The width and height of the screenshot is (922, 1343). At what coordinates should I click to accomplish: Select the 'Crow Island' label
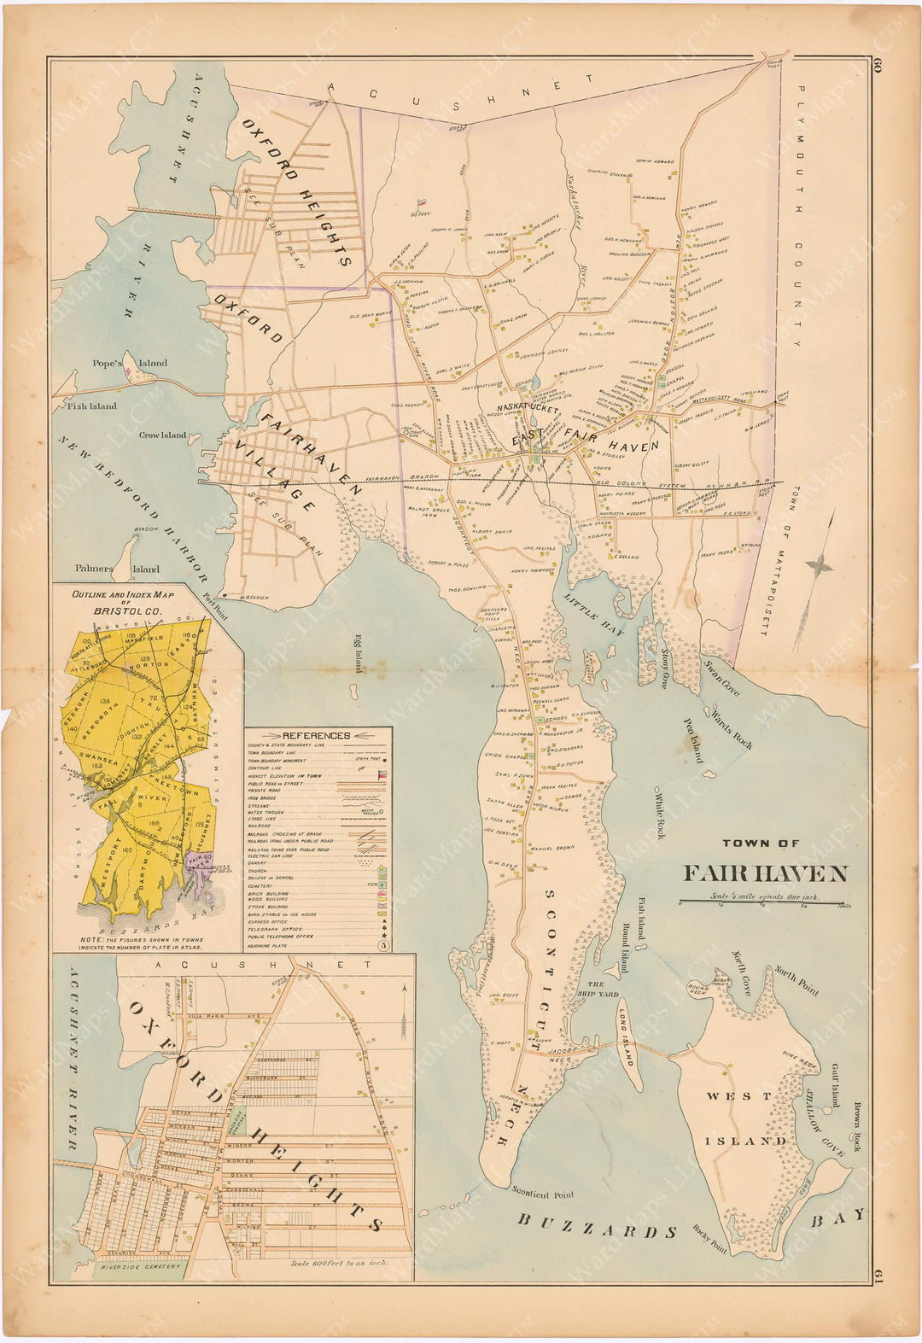162,435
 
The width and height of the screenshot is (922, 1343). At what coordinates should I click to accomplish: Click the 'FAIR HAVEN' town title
764,873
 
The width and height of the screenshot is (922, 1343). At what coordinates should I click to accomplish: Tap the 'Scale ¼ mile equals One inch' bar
763,898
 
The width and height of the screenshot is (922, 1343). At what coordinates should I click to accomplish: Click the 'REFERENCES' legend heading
316,735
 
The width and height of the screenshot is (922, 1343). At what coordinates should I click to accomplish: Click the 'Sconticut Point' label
543,1194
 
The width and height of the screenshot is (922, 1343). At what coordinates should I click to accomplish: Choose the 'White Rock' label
659,815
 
